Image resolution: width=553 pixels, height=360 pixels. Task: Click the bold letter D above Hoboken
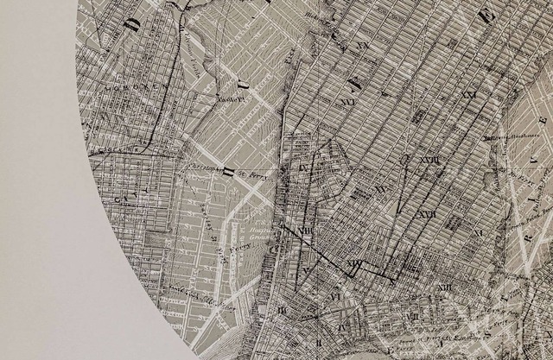pos(132,22)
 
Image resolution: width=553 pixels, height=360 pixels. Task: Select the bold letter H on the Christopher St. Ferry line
pos(227,169)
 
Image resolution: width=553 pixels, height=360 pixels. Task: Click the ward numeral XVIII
pos(429,160)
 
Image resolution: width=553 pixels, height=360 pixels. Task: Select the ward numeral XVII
pos(425,213)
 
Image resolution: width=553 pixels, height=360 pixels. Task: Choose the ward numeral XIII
pos(443,287)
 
